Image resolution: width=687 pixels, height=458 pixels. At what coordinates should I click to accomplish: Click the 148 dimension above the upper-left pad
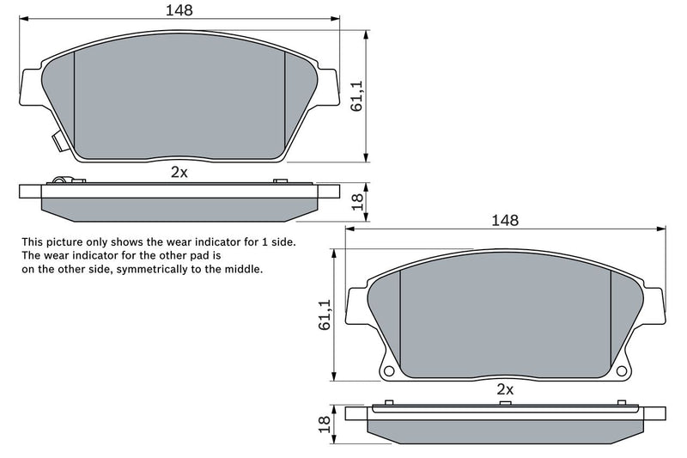click(x=179, y=10)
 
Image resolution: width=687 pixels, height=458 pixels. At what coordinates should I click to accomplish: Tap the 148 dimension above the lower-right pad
click(x=504, y=220)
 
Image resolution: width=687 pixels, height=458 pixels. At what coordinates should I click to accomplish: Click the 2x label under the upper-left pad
click(x=179, y=172)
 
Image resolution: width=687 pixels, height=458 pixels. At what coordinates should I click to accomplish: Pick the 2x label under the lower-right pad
click(x=504, y=389)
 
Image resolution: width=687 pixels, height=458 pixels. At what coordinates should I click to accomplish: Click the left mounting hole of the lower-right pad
click(x=388, y=371)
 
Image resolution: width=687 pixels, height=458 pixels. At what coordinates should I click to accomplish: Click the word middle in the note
click(x=244, y=269)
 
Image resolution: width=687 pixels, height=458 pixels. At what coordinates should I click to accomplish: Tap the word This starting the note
click(x=33, y=242)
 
